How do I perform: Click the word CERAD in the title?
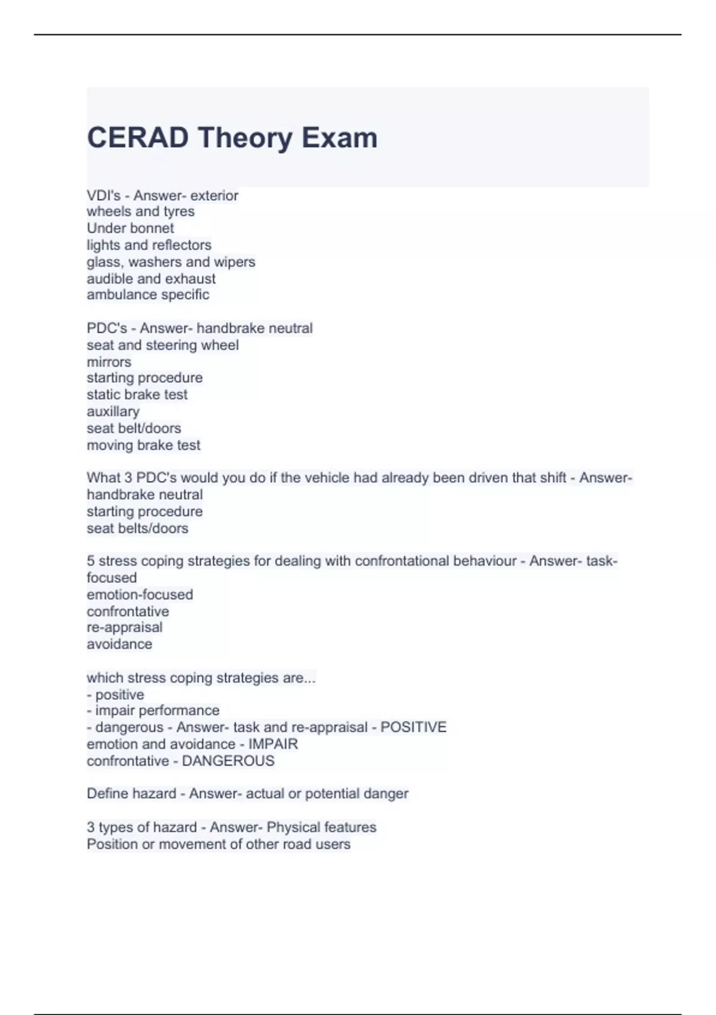coord(138,138)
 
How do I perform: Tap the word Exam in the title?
coord(339,138)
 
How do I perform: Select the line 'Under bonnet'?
coord(130,228)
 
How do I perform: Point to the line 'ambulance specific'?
coord(147,294)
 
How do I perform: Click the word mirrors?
coord(109,362)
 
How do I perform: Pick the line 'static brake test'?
coord(137,395)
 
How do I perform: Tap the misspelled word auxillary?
coord(113,411)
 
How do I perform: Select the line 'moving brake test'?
coord(143,445)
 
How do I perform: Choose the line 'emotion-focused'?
coord(140,595)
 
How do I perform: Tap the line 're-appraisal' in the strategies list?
coord(124,628)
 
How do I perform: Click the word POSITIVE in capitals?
coord(413,727)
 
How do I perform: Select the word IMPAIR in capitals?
coord(273,744)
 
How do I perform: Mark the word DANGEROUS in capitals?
coord(228,761)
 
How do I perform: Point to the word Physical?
coord(295,828)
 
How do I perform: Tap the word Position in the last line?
coord(112,844)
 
